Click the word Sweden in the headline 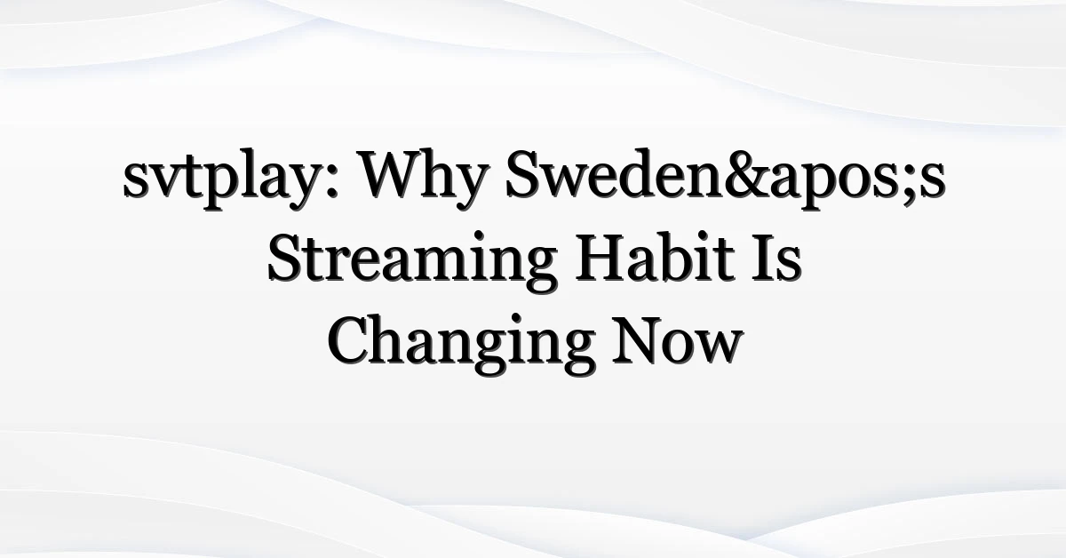click(615, 174)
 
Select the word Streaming click(411, 259)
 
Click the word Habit click(655, 256)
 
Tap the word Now click(678, 340)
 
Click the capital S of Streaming click(284, 258)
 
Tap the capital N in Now click(640, 340)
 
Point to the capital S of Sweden click(522, 175)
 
